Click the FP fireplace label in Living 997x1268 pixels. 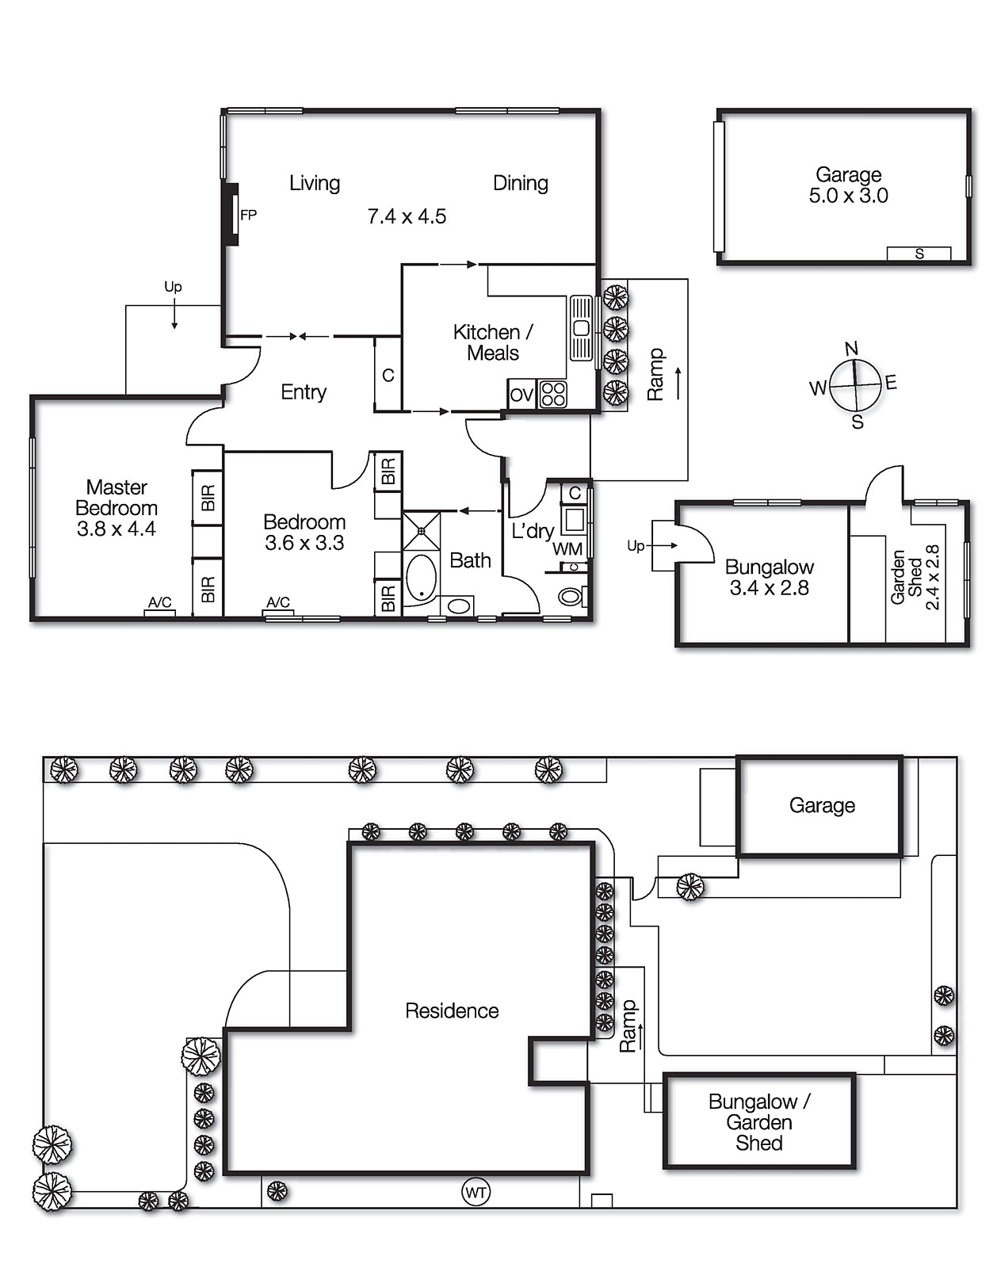(x=248, y=215)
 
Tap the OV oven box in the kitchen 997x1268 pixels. (x=521, y=395)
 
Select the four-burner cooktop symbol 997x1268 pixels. (x=553, y=394)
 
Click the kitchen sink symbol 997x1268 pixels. (x=581, y=327)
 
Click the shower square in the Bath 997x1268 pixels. (x=421, y=530)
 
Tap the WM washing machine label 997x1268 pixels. (x=567, y=548)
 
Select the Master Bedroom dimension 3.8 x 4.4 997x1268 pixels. (x=117, y=529)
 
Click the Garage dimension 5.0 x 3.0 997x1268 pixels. (x=848, y=196)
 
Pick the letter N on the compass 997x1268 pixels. (x=851, y=349)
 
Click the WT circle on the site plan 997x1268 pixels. (x=476, y=1192)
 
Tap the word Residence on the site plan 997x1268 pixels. (x=452, y=1010)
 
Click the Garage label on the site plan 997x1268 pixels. (x=822, y=805)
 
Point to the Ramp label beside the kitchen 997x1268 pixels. (x=655, y=375)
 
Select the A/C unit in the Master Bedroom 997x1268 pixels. (x=159, y=603)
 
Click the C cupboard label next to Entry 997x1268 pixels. (x=388, y=376)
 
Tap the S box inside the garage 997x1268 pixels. (x=919, y=254)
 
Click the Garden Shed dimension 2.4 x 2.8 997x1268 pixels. (x=932, y=578)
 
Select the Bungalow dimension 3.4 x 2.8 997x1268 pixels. (x=769, y=588)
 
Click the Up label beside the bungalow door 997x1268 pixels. (x=636, y=545)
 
